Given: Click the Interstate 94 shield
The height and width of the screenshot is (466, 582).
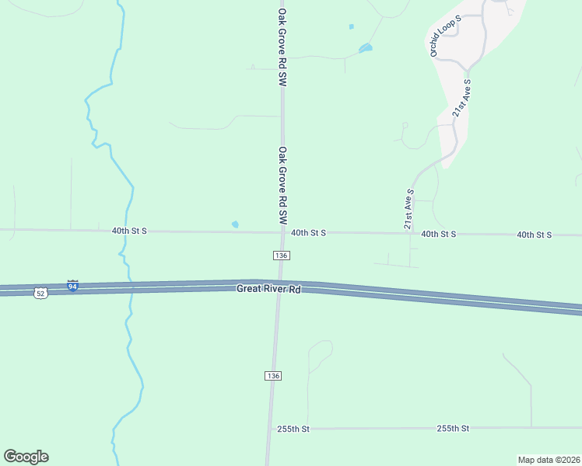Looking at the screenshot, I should coord(72,286).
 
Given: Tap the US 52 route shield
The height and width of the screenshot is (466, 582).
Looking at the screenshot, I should coord(40,293).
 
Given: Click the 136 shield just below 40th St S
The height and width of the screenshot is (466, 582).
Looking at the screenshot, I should coord(281,256).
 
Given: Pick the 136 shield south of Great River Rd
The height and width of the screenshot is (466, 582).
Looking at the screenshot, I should coord(272,375).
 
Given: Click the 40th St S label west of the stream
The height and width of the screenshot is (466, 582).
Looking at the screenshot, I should coord(129,231).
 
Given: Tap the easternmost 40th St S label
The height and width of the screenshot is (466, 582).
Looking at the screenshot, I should coord(534,235).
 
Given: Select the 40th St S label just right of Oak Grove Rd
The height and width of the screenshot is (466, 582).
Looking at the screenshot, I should coord(308,232).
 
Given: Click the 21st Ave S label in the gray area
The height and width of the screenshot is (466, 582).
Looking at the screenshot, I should coord(462,98).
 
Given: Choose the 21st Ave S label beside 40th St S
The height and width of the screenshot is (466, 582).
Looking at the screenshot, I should coord(408,208).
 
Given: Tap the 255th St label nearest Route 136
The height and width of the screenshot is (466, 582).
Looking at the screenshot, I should coord(293,429).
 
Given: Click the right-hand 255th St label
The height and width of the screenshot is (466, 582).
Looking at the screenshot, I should coord(452,428).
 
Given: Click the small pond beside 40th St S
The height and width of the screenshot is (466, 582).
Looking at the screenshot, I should coord(235,225).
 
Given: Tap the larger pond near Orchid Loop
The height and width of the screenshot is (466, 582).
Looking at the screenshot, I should coord(365,49).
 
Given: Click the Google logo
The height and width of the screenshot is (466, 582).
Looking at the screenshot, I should coord(26,457).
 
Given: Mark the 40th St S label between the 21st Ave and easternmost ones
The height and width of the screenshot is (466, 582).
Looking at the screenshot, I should coord(438,234).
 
